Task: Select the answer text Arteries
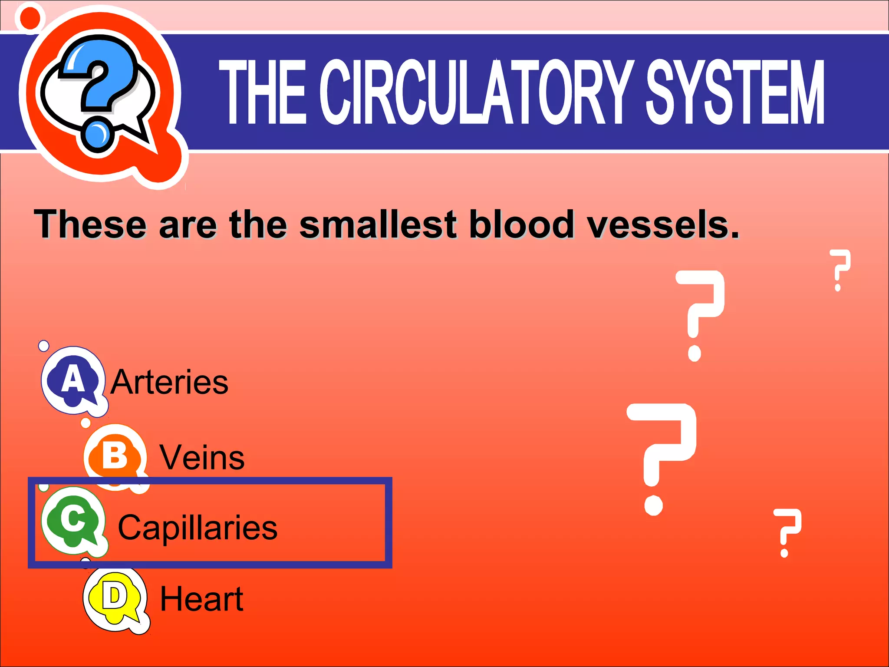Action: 169,382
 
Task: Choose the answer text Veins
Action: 202,458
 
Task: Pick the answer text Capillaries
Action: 198,528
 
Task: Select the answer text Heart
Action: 202,599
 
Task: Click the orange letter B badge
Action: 115,456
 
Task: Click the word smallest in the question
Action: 378,225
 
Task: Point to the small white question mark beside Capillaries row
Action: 787,532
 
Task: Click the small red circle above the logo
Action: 30,18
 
